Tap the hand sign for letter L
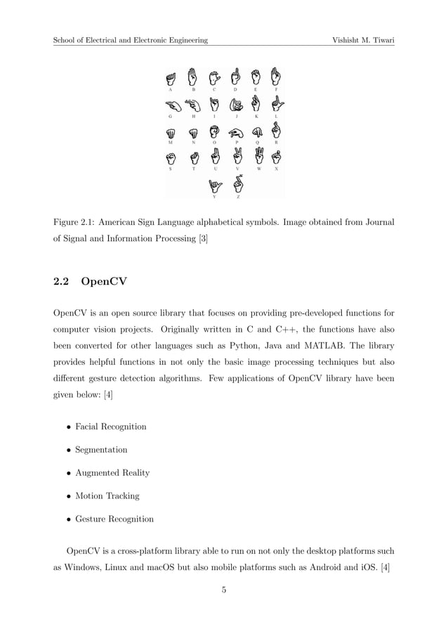[277, 104]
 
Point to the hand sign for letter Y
[215, 186]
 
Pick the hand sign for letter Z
[239, 184]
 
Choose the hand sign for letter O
[216, 131]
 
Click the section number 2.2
[62, 283]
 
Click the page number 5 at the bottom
[223, 590]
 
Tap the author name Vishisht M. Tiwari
[363, 40]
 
